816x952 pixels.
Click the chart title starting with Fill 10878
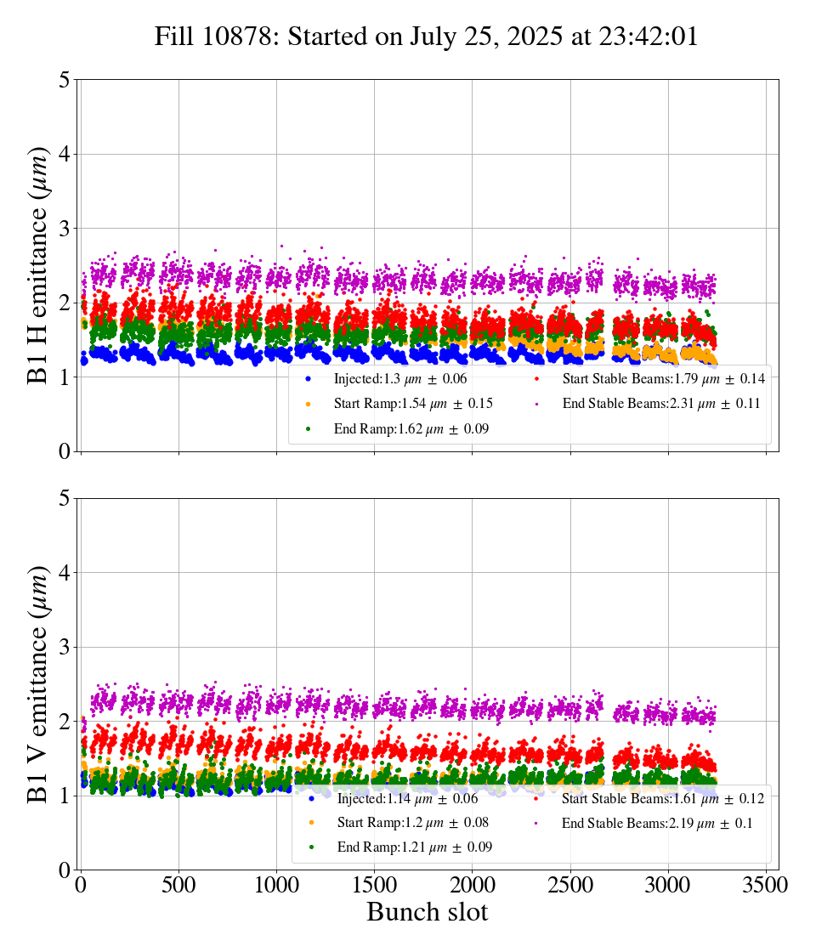(426, 37)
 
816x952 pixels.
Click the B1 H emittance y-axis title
(39, 265)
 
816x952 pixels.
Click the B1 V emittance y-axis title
(39, 683)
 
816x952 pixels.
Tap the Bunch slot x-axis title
(427, 912)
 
